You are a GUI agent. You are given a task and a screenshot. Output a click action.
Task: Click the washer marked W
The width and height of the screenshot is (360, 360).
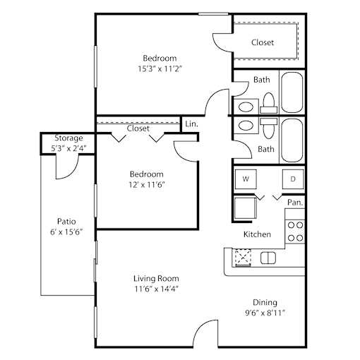point(246,179)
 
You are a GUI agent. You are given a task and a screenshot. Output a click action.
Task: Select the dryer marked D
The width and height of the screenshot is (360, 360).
point(293,179)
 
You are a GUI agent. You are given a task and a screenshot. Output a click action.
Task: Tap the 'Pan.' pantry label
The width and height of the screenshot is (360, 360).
point(295,203)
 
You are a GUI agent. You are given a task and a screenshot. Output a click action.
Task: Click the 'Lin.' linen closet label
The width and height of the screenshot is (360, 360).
point(191,124)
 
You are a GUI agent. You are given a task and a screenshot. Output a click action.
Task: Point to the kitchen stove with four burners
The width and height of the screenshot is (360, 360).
point(295,232)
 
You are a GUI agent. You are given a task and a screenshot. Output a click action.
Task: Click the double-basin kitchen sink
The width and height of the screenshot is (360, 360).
point(268,258)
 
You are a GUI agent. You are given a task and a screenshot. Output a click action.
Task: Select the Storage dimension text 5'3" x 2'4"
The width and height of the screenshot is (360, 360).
point(68,148)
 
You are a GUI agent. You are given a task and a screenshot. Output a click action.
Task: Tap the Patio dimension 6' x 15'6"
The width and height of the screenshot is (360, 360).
point(66,232)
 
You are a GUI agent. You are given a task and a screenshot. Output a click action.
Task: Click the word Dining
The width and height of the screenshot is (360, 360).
point(265,302)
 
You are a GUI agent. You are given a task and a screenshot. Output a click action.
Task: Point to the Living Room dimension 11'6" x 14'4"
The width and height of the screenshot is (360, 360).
point(156,289)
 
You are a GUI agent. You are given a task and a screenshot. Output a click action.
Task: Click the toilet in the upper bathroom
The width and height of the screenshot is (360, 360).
point(268,103)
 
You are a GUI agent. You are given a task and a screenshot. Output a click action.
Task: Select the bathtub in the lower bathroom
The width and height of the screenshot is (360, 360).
point(292,140)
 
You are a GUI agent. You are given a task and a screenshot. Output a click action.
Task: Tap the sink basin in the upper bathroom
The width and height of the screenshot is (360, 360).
point(246,107)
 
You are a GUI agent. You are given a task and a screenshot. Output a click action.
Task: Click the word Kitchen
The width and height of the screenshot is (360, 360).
point(257,234)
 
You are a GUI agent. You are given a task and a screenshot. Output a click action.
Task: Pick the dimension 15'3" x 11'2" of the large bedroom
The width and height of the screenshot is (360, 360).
point(160,69)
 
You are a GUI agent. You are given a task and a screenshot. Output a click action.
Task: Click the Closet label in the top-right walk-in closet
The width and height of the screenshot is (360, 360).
point(263,42)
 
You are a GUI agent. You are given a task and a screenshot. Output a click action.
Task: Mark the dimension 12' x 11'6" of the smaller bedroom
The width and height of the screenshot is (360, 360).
point(146,185)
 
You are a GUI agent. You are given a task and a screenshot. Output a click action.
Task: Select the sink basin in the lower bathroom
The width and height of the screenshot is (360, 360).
point(246,126)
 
